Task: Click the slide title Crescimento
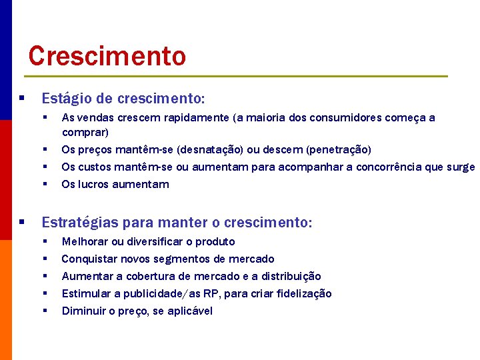(x=107, y=56)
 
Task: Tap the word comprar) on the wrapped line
(x=85, y=132)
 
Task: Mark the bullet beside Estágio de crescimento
(x=22, y=99)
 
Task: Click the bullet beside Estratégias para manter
(x=22, y=222)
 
